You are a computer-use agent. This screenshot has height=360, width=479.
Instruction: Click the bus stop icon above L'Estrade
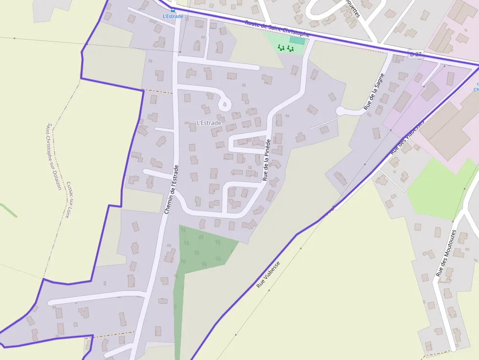173,9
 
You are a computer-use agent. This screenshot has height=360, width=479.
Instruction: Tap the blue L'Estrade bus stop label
173,16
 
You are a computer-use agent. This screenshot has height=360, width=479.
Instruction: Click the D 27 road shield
415,54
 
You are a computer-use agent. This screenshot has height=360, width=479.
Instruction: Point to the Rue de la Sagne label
374,91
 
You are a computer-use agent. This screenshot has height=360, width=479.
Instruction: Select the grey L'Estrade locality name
209,123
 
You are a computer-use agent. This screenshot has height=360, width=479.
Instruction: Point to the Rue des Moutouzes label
446,253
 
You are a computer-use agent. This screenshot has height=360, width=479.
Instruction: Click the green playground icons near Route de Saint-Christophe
285,48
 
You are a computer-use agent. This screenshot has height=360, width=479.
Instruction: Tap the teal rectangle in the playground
297,40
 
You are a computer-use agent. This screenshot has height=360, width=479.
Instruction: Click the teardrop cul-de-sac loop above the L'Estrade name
225,104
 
